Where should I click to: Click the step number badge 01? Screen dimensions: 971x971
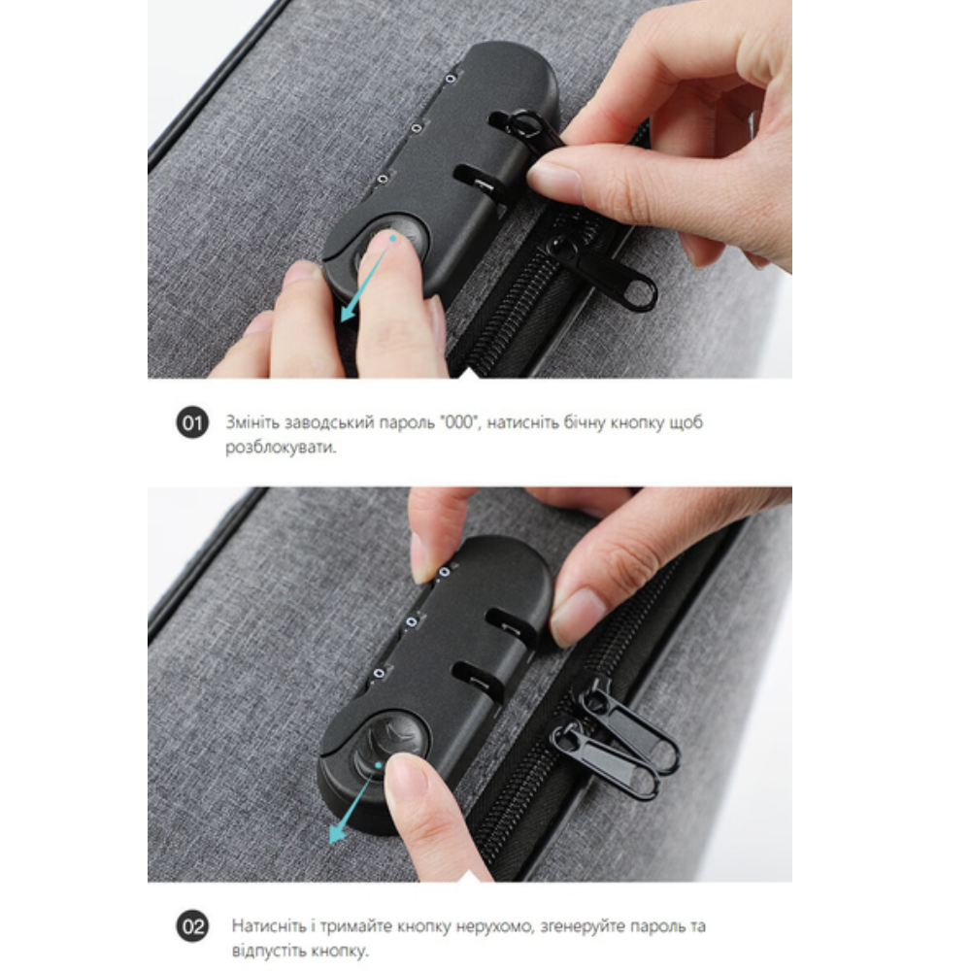pyautogui.click(x=192, y=423)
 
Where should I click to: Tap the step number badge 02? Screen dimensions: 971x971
pyautogui.click(x=192, y=926)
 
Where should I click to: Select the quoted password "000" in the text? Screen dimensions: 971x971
pyautogui.click(x=459, y=421)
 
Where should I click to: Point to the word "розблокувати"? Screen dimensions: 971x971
pyautogui.click(x=281, y=447)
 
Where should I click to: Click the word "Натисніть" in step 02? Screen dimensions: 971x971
pyautogui.click(x=269, y=926)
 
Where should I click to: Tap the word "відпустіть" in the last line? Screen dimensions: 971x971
pyautogui.click(x=269, y=951)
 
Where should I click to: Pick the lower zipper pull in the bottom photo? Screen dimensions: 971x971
pyautogui.click(x=606, y=760)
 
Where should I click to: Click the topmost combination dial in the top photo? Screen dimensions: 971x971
pyautogui.click(x=451, y=78)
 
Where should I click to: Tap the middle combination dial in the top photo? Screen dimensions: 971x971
pyautogui.click(x=418, y=128)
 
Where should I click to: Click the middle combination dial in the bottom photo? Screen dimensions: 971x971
pyautogui.click(x=412, y=621)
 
